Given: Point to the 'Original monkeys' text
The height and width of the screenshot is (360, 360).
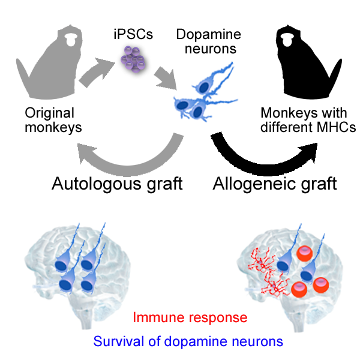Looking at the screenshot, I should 49,119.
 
